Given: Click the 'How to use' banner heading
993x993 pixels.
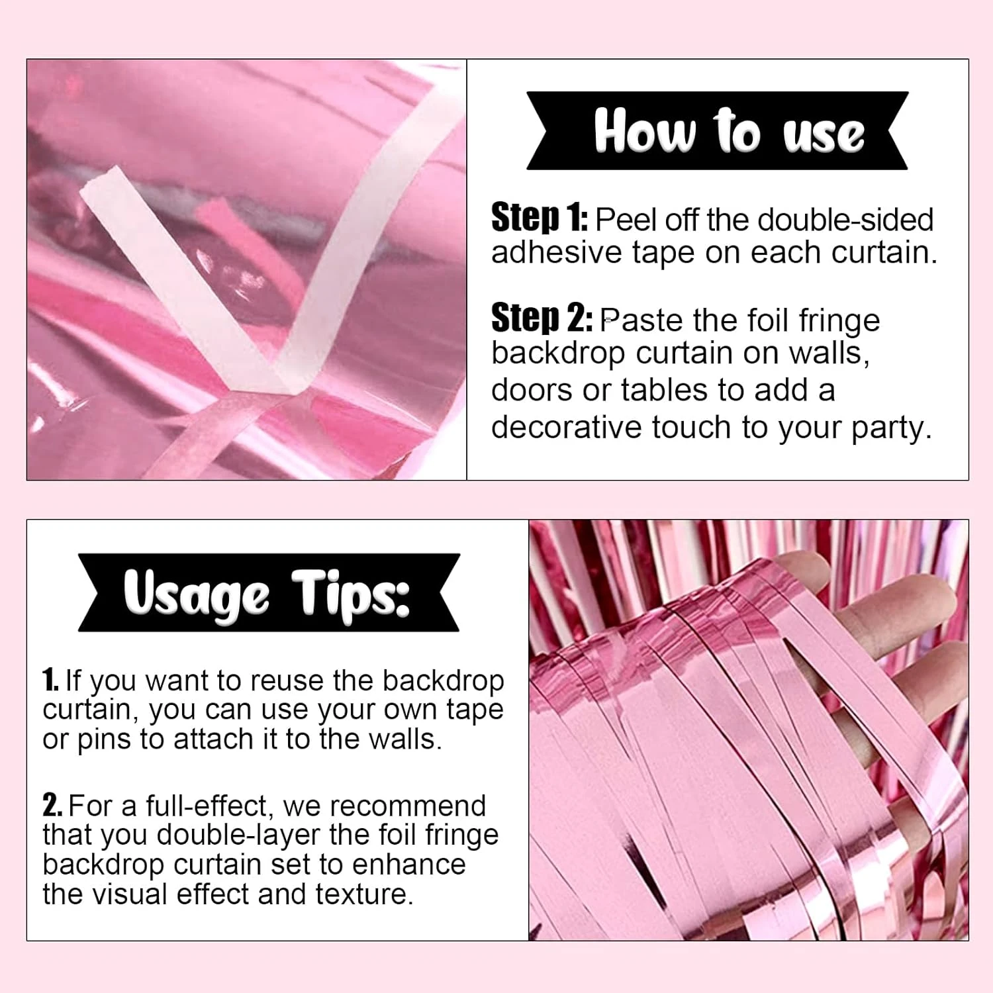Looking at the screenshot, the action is (x=729, y=131).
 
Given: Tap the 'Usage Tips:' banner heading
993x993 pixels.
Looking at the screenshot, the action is (x=267, y=594).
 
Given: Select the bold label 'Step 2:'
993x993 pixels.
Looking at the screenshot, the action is (x=542, y=318).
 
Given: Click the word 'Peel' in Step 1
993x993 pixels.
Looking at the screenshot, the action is (x=627, y=220).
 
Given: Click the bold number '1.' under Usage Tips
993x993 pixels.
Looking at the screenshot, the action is (x=50, y=680).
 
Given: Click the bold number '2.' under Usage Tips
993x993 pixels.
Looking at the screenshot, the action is (x=52, y=805).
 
